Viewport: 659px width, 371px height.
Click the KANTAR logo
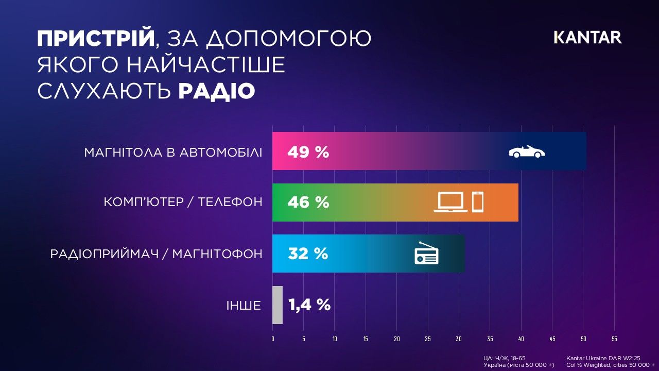click(x=587, y=38)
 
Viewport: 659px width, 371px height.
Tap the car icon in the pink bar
click(x=527, y=151)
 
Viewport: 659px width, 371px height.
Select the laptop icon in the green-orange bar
click(x=450, y=202)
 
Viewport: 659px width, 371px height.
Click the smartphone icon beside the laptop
click(x=478, y=202)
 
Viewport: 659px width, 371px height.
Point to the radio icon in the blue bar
click(x=426, y=253)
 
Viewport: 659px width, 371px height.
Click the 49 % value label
click(x=308, y=152)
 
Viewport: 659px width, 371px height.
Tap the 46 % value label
click(x=308, y=203)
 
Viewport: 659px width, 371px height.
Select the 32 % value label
click(x=308, y=254)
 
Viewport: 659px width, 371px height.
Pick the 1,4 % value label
click(x=309, y=305)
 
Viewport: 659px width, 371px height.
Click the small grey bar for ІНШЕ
click(x=278, y=305)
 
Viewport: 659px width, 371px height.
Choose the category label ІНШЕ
click(x=244, y=306)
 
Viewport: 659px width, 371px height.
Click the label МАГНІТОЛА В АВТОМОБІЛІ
click(x=173, y=153)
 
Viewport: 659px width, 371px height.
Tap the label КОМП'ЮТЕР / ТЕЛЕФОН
click(x=183, y=202)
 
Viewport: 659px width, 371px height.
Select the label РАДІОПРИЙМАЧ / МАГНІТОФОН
click(x=156, y=254)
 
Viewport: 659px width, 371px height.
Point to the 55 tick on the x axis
click(x=614, y=339)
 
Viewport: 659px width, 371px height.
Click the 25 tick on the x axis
click(x=428, y=339)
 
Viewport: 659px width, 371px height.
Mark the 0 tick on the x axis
click(x=273, y=339)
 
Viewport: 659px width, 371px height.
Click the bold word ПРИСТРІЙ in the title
click(x=96, y=38)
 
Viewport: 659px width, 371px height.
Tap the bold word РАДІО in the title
click(x=217, y=91)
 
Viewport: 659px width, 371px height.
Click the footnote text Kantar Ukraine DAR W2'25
click(x=603, y=358)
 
